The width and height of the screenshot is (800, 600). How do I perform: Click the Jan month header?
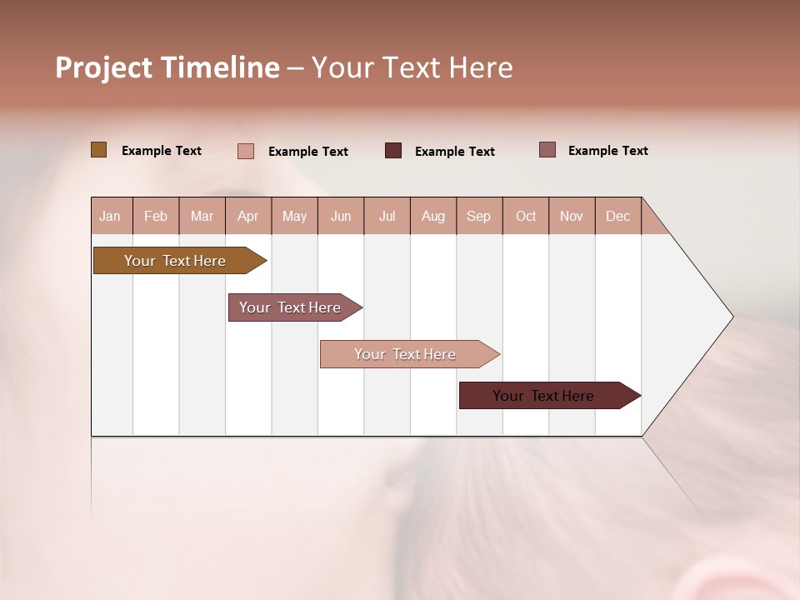pos(111,216)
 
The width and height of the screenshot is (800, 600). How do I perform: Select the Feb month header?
pos(156,216)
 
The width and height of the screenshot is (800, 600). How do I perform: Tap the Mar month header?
pos(202,216)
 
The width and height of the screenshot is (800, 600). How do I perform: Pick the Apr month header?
pos(248,216)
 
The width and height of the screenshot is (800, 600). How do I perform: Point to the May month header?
pos(294,216)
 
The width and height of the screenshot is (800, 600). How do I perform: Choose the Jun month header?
pos(341,216)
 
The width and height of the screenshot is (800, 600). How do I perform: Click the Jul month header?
pos(387,216)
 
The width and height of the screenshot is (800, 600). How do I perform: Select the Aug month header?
pos(433,216)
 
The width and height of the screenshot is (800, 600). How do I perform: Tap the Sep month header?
pos(479,216)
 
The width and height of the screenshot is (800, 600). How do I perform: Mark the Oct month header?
pos(526,216)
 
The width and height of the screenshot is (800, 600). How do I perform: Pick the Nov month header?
pos(572,216)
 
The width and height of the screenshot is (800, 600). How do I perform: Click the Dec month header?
pos(618,216)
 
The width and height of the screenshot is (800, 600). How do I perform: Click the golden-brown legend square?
pos(99,150)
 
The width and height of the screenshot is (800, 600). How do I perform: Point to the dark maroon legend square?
pos(393,151)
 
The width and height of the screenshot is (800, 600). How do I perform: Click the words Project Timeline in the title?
pos(167,67)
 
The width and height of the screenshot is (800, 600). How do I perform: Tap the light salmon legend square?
pos(246,151)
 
